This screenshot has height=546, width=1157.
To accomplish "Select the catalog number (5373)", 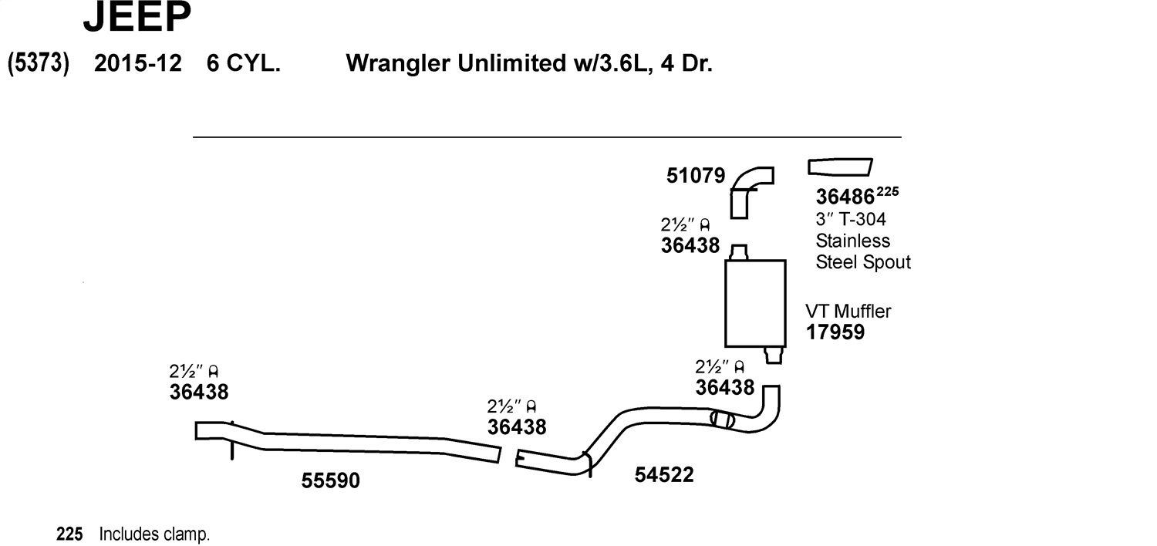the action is click(39, 63).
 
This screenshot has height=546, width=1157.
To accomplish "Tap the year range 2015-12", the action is click(138, 63).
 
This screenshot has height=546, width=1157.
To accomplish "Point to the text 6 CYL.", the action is click(243, 63).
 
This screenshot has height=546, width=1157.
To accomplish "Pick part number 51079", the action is click(695, 176).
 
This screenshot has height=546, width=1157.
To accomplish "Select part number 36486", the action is click(845, 197).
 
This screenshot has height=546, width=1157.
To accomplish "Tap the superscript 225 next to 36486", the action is click(887, 192).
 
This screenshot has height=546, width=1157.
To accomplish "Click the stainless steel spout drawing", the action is click(840, 167).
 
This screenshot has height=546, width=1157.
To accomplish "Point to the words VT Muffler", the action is click(848, 311).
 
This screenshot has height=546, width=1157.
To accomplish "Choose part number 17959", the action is click(835, 332).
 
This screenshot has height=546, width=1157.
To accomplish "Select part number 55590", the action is click(331, 481).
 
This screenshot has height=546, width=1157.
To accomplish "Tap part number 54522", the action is click(663, 475).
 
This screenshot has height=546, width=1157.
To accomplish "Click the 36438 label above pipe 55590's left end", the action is click(199, 392).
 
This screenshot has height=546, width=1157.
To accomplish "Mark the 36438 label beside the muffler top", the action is click(690, 245).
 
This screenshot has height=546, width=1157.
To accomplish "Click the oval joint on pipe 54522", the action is click(722, 419).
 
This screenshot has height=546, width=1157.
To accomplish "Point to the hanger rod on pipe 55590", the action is click(232, 440).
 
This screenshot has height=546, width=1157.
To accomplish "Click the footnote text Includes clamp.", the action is click(154, 534).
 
